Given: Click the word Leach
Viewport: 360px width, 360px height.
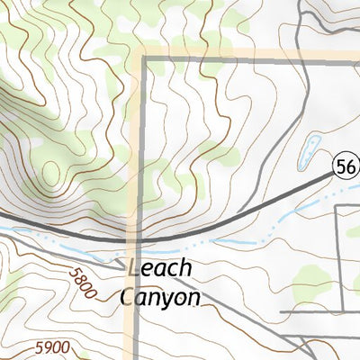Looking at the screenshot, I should (160, 268).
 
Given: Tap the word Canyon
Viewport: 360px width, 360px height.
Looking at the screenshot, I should (159, 297).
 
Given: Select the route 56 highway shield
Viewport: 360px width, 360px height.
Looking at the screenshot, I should (346, 166).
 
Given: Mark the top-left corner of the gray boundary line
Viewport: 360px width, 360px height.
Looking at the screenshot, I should (143, 58).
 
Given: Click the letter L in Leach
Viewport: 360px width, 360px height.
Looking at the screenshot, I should (135, 268).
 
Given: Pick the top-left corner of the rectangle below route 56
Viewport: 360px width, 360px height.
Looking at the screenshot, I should (337, 206).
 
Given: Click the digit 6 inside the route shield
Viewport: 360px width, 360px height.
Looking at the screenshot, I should (350, 166).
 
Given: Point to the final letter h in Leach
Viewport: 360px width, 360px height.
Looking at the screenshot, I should (185, 268).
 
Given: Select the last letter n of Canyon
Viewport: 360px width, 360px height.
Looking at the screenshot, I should (192, 298).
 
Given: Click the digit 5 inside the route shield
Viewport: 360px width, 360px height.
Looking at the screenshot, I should (341, 166).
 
